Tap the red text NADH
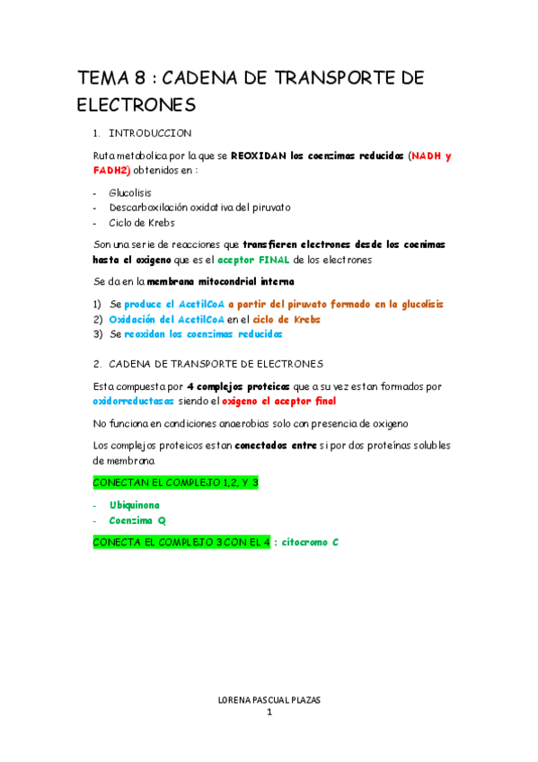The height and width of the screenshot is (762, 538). (x=428, y=155)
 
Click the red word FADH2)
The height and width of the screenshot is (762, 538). (x=112, y=170)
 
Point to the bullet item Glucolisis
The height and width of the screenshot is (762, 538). (x=130, y=192)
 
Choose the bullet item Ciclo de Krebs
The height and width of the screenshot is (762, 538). (x=142, y=222)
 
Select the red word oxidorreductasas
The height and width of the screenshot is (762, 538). (x=133, y=401)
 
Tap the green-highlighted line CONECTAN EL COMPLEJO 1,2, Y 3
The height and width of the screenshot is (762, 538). (x=176, y=483)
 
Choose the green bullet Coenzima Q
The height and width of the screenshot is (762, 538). (x=137, y=520)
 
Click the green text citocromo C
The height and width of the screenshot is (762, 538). (x=310, y=543)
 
